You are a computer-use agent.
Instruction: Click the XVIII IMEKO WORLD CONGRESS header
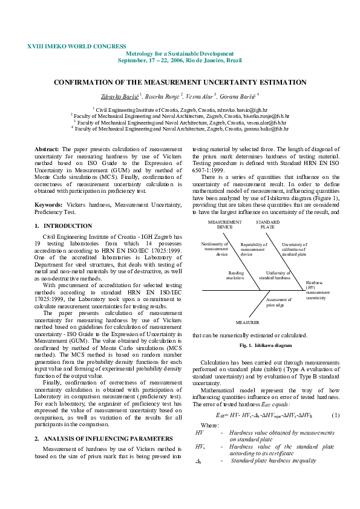[77, 47]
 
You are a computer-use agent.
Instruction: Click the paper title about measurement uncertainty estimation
[180, 82]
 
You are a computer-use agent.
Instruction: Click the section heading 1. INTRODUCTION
[55, 225]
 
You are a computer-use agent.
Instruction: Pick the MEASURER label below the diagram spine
[247, 323]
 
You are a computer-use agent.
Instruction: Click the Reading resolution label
[235, 275]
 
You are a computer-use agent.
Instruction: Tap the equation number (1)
[336, 415]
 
